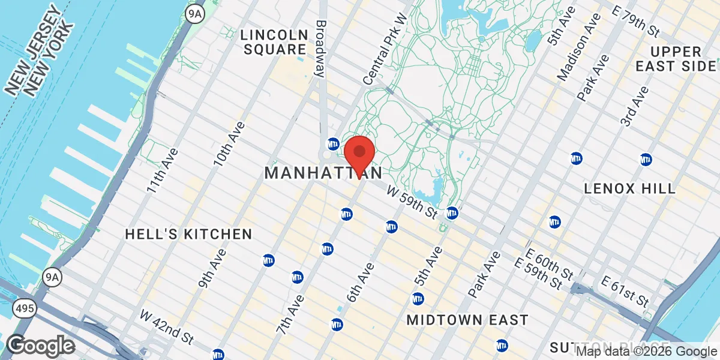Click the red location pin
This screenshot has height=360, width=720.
click(359, 154)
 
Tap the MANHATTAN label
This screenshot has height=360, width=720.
click(323, 173)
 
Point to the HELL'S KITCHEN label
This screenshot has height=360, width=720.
click(188, 234)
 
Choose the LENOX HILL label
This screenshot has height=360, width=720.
click(629, 188)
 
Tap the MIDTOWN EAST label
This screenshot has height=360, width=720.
click(467, 320)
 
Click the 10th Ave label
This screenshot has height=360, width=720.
click(230, 144)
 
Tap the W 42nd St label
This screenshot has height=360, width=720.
click(167, 328)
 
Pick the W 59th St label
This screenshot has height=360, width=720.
click(412, 202)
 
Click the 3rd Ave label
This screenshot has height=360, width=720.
click(634, 106)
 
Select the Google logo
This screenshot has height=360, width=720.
click(40, 346)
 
